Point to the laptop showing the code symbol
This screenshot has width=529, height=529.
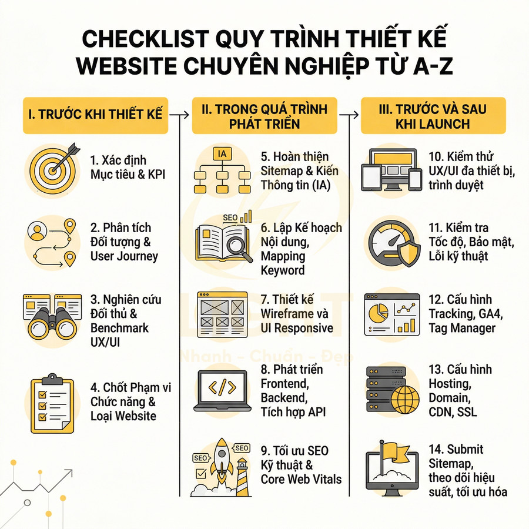pos(223,390)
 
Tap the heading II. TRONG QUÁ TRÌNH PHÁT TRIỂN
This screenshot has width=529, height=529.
pos(265,115)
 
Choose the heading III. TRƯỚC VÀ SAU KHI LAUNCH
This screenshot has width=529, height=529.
pos(433,115)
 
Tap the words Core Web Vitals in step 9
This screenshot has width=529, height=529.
pos(301,479)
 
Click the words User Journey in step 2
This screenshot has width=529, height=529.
pos(124,256)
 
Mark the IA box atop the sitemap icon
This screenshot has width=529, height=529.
pos(222,155)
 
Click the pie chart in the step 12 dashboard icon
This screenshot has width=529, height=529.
pos(377,311)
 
